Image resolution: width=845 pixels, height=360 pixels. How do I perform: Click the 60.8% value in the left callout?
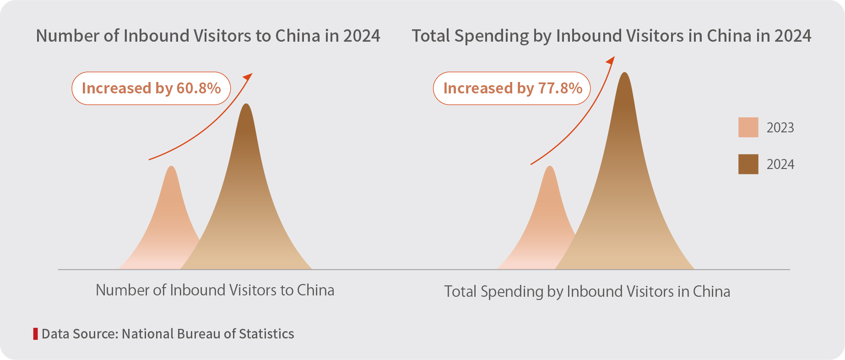point(199,88)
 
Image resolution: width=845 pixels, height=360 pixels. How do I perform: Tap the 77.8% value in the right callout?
point(560,88)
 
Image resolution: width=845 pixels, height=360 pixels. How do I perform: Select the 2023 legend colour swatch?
point(748,127)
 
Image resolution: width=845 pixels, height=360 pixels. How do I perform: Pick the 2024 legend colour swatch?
point(748,164)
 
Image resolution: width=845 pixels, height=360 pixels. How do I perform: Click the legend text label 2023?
point(780,128)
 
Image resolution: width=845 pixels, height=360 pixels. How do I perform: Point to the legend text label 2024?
point(780,164)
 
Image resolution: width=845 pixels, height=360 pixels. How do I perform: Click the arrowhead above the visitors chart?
point(249,76)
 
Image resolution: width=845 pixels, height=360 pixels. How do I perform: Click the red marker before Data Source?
point(35,333)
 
